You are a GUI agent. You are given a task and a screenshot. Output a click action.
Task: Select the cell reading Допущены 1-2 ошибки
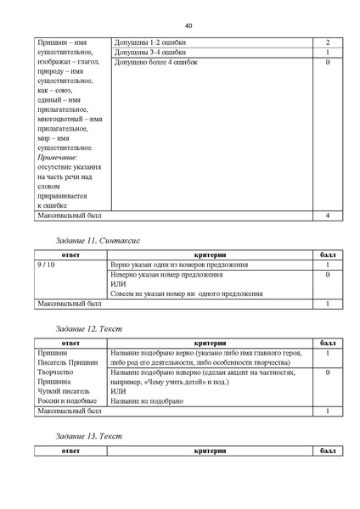click(149, 42)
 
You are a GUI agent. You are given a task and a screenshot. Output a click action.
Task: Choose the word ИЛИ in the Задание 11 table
click(118, 284)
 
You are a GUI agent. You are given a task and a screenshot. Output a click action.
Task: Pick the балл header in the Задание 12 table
click(327, 342)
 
